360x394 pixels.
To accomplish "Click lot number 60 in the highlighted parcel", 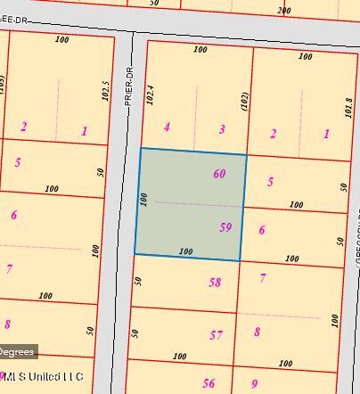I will coord(219,174).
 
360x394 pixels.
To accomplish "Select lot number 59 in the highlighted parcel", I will coord(225,227).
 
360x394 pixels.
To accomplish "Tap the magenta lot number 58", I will coord(215,283).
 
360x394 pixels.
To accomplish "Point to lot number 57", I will coord(216,335).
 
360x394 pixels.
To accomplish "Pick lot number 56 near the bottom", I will coord(209,383).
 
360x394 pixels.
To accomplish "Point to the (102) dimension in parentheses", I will coord(242,100).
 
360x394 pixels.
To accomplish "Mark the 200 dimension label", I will coord(283,11).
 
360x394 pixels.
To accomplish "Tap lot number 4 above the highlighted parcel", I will coord(167,127).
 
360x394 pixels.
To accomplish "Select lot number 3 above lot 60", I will coord(222,129).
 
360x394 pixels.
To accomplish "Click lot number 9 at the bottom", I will coord(254,384).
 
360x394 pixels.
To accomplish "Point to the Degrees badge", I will coord(18,351).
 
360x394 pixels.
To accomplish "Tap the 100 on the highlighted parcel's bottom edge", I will coord(185,251).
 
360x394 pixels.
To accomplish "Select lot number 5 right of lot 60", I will coord(270,182).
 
